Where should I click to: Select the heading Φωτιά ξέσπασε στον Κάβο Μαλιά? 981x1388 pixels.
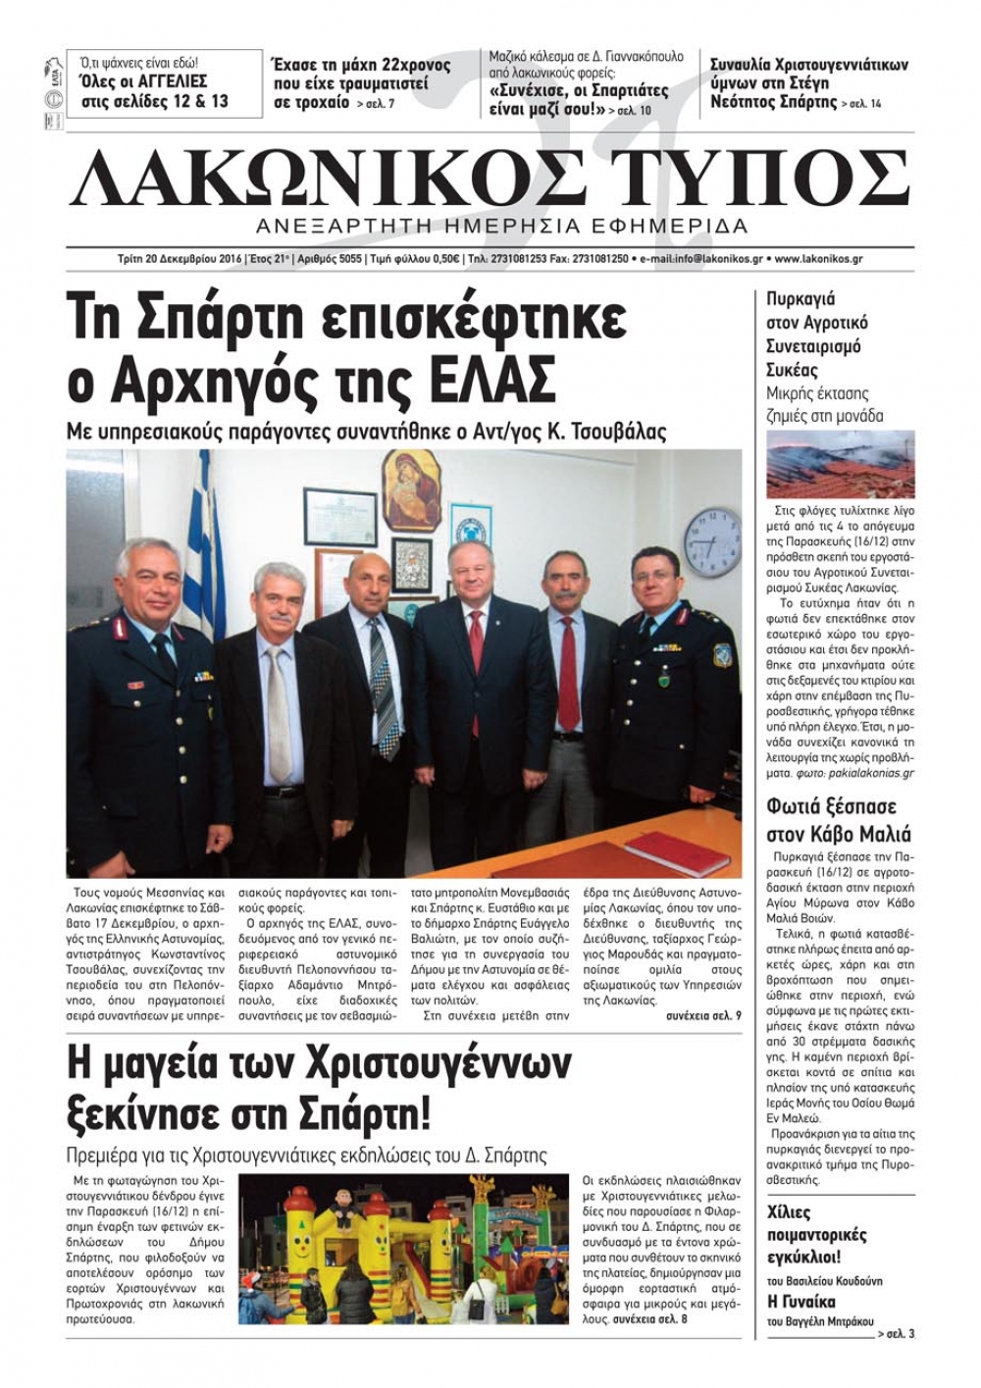[x=838, y=821]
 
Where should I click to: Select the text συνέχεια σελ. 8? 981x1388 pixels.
[x=649, y=1320]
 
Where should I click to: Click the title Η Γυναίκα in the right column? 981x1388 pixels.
[x=800, y=1302]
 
